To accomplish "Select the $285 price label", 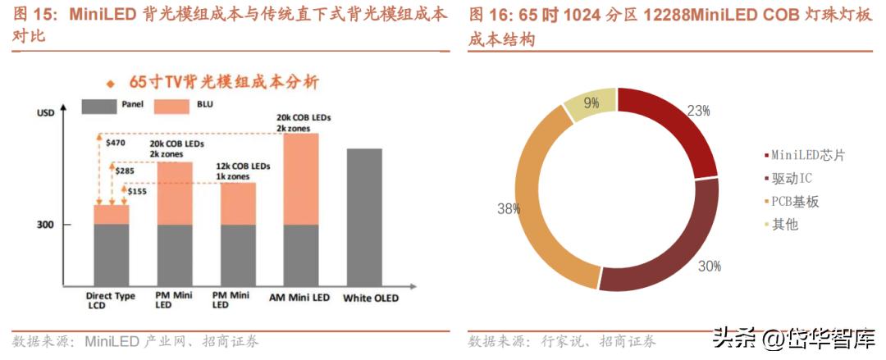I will (x=125, y=171).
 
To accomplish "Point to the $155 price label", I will (x=137, y=190).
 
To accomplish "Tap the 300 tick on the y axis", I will (x=44, y=225).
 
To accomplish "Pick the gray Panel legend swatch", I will (x=99, y=105).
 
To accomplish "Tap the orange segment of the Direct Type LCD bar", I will (x=112, y=215).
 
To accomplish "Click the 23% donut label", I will (x=698, y=110).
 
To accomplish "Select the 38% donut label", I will (x=509, y=209).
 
